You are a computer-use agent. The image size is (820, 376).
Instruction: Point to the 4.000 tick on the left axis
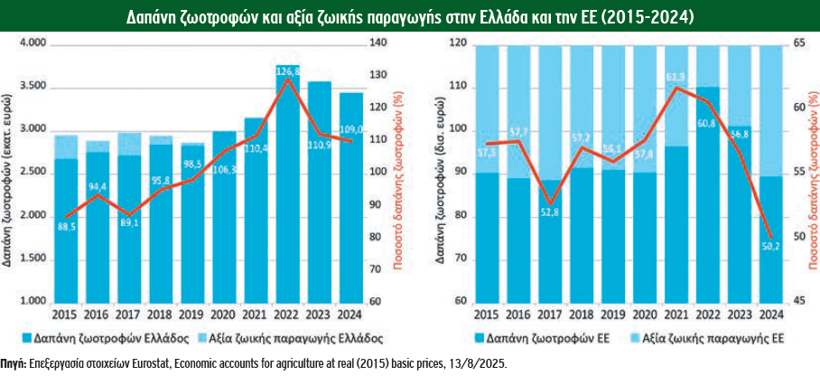(33, 43)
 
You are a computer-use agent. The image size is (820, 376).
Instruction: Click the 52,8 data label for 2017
(550, 212)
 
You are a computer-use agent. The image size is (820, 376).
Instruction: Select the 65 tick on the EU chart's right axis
(797, 43)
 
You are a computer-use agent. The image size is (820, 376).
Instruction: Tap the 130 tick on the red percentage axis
(384, 75)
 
